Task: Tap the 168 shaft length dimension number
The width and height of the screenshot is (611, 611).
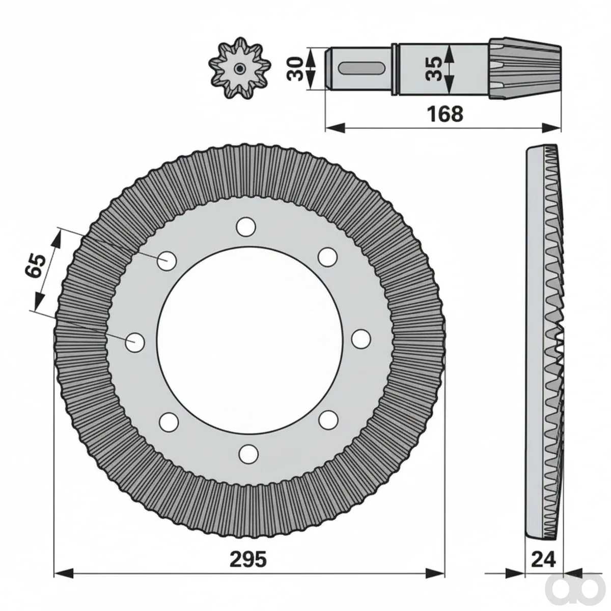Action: (445, 114)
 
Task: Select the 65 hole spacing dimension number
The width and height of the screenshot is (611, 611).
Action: (36, 265)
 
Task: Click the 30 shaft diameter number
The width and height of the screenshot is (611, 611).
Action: (295, 69)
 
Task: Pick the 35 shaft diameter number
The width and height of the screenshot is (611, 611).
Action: (433, 69)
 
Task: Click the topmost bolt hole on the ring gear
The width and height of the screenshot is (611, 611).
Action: (246, 227)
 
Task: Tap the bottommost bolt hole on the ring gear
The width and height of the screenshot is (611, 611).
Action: (248, 454)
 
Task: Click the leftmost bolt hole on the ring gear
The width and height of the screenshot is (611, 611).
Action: (135, 342)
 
